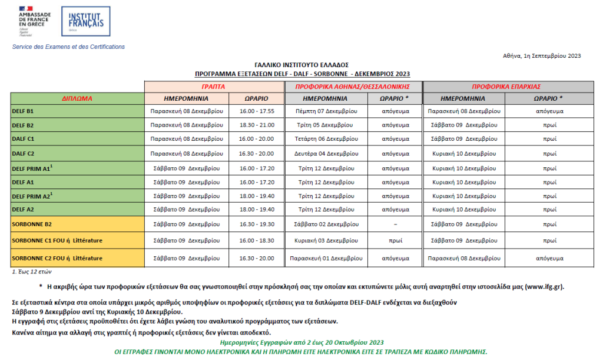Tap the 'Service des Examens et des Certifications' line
point(68,47)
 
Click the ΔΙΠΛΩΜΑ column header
point(77,98)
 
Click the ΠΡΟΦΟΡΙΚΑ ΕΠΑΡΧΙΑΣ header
point(506,86)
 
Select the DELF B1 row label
point(23,111)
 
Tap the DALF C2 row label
point(24,153)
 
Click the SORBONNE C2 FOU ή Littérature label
point(57,258)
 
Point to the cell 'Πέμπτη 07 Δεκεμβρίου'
point(326,111)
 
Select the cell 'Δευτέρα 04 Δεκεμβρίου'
point(326,153)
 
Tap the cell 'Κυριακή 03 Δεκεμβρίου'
point(326,240)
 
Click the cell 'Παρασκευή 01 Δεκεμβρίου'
point(326,258)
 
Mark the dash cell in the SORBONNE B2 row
point(395,224)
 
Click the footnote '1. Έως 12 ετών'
point(33,273)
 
